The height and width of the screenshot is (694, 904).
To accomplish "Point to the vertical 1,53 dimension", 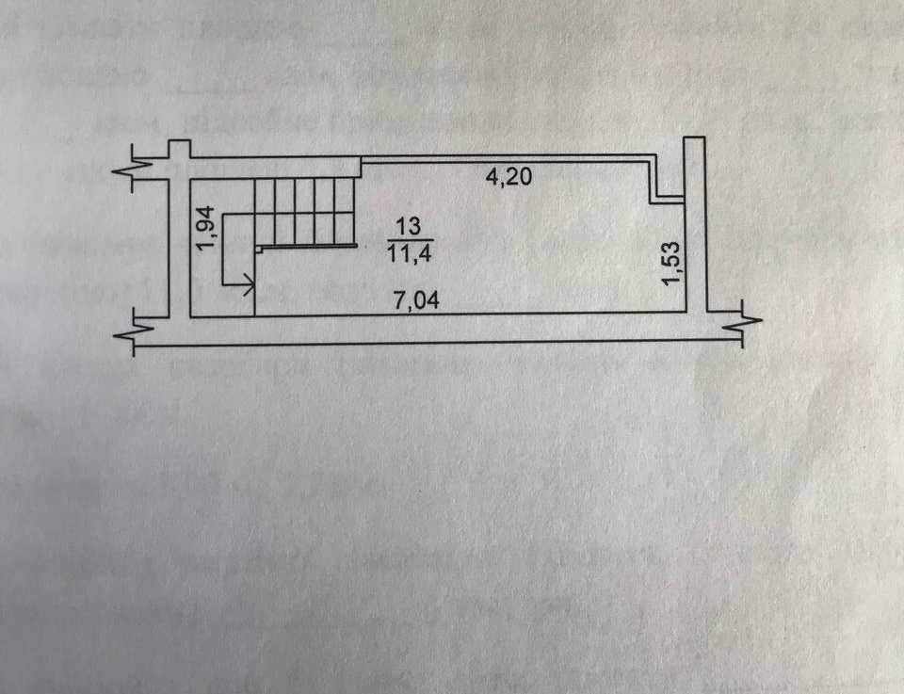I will click(x=671, y=261).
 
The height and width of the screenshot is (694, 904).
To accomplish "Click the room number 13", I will click(x=408, y=227).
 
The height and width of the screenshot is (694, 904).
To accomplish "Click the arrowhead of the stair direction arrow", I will click(x=249, y=282).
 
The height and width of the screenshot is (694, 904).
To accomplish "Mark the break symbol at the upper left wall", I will click(x=132, y=171).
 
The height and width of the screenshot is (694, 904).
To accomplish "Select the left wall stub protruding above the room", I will click(x=180, y=149).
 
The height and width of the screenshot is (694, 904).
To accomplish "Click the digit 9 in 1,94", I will click(x=211, y=227).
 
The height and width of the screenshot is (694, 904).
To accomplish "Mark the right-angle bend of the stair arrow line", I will click(x=222, y=282).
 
